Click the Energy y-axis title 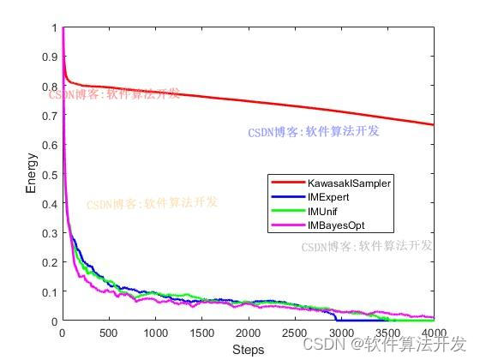click(32, 174)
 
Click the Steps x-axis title click(248, 350)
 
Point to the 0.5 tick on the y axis click(48, 174)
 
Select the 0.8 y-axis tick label click(48, 87)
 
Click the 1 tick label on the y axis click(53, 27)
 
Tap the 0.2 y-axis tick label click(48, 262)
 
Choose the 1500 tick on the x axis click(201, 333)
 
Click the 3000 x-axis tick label click(341, 333)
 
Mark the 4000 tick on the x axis click(434, 333)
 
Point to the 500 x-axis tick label click(108, 333)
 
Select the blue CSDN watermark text click(314, 132)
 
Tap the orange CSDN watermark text click(153, 204)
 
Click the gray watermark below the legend click(367, 246)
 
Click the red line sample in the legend click(287, 183)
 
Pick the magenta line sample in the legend click(287, 225)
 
